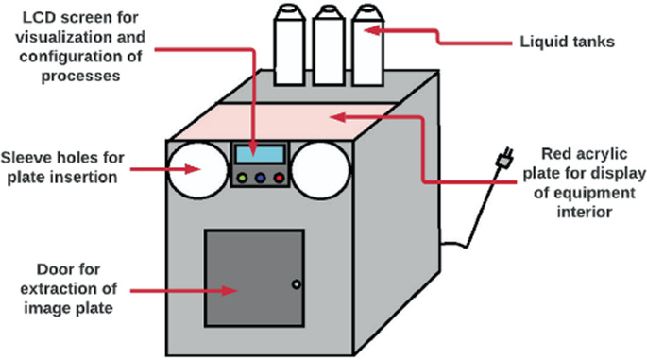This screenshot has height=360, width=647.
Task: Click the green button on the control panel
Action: (x=243, y=178)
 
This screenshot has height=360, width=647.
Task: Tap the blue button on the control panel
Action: (x=260, y=178)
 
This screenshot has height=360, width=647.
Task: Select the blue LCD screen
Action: (x=260, y=154)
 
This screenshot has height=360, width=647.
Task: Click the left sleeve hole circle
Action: (x=198, y=170)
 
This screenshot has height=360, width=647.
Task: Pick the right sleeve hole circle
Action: (x=320, y=170)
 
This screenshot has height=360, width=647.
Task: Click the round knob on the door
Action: (x=296, y=284)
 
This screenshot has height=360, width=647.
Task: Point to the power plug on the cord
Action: (x=506, y=157)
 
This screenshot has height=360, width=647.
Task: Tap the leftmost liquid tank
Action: (x=290, y=44)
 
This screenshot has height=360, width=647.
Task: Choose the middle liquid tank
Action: (x=329, y=45)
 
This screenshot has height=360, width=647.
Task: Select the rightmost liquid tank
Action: (x=368, y=45)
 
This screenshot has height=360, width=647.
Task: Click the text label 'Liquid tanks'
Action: (x=567, y=43)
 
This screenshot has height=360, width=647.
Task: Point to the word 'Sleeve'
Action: (x=26, y=158)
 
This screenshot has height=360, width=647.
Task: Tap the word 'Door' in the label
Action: (x=54, y=269)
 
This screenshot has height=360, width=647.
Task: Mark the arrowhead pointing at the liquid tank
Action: (x=372, y=30)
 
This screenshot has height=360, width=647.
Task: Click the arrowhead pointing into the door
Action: (x=230, y=291)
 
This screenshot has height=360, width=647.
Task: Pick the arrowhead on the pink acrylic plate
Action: (x=338, y=117)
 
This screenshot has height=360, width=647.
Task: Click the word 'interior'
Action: (x=585, y=213)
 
